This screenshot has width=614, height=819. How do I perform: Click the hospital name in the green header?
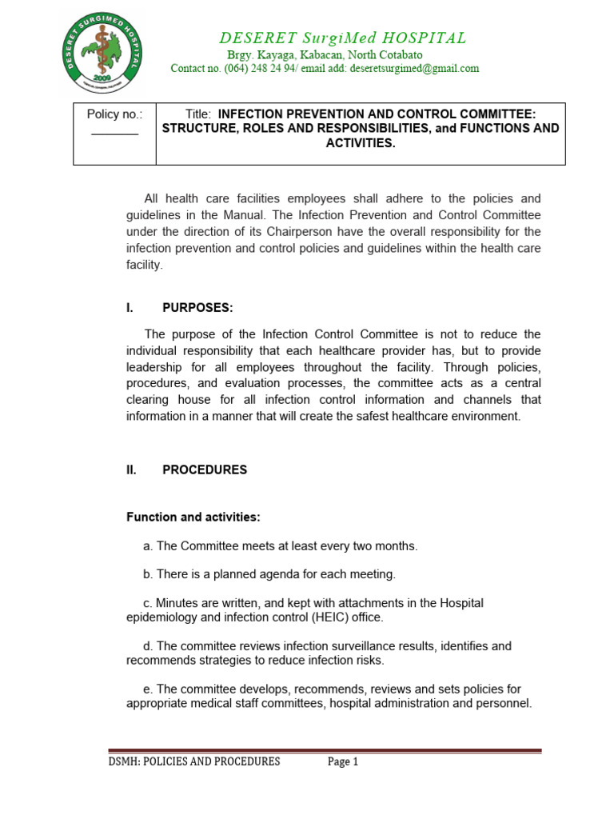click(344, 38)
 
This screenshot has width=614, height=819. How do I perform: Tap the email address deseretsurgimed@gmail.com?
click(410, 69)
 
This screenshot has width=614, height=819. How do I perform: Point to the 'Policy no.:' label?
click(114, 114)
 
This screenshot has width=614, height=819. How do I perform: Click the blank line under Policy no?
click(114, 133)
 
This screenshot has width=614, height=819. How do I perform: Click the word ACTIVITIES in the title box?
click(360, 143)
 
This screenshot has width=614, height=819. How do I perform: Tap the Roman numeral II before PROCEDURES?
click(132, 470)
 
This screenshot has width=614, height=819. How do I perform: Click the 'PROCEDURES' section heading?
click(205, 470)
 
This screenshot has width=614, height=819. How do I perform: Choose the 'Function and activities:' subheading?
click(193, 517)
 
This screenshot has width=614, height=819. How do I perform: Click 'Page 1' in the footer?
click(343, 762)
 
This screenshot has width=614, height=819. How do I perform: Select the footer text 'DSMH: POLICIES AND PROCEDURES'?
click(194, 762)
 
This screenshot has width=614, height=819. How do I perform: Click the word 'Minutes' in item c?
click(177, 603)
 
